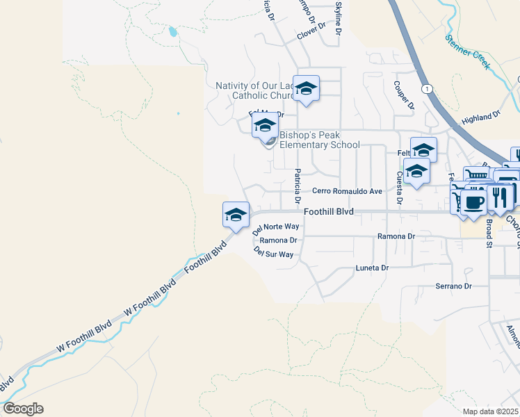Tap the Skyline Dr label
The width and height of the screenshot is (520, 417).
tap(339, 19)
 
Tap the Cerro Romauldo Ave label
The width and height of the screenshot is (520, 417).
tap(347, 191)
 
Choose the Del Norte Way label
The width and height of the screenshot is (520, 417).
tap(276, 227)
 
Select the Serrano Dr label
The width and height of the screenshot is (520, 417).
tap(453, 286)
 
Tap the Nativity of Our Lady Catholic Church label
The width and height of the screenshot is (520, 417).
tap(255, 90)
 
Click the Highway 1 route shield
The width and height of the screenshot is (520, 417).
tap(426, 89)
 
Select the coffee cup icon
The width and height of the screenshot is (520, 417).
tap(473, 202)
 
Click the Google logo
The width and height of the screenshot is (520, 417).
tap(22, 409)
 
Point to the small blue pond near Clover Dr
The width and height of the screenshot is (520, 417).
tap(172, 31)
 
